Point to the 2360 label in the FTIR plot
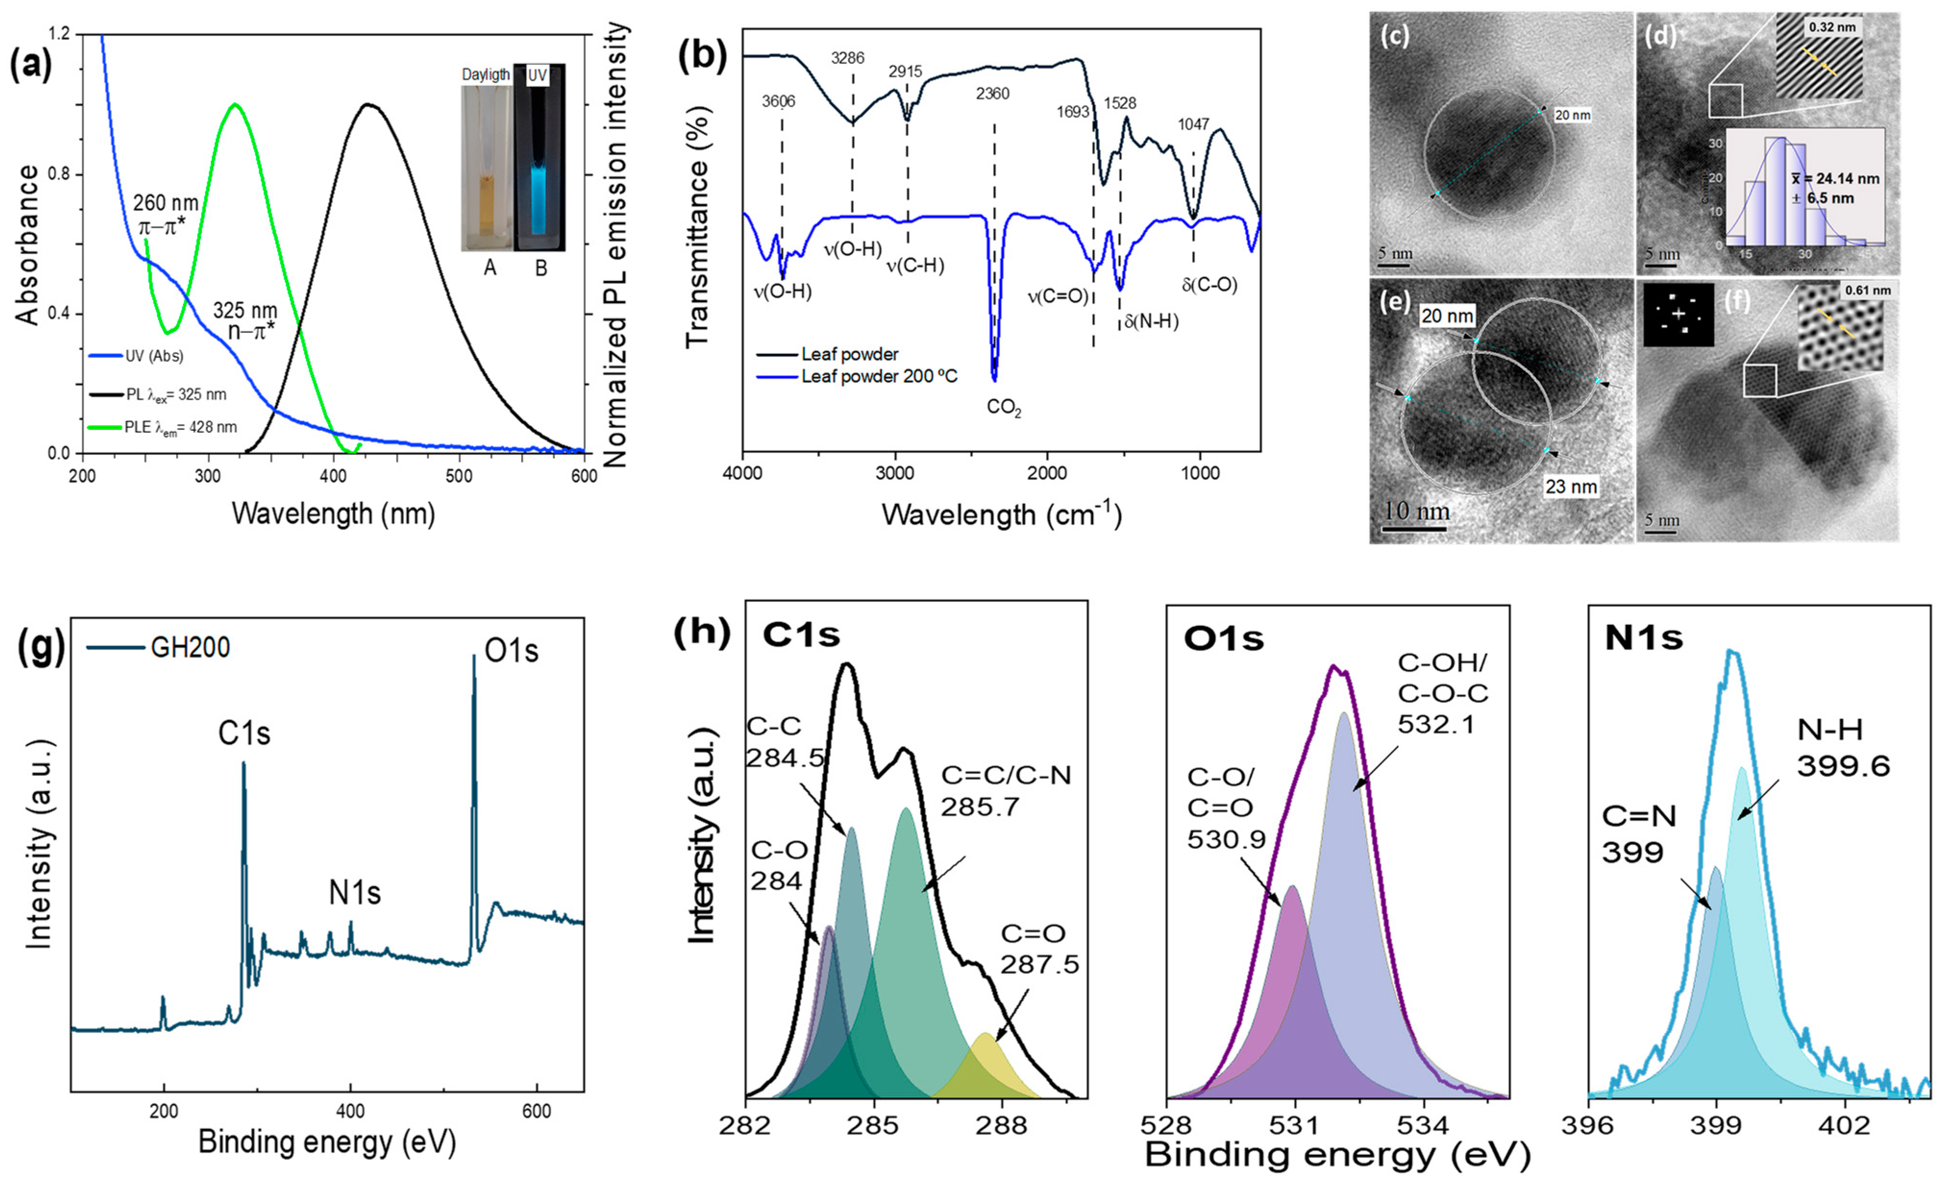[993, 94]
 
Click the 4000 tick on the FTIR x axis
[742, 473]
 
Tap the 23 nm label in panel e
[1571, 486]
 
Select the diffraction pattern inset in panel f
[1678, 315]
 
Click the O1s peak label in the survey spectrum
[511, 651]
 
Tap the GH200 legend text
[190, 648]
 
